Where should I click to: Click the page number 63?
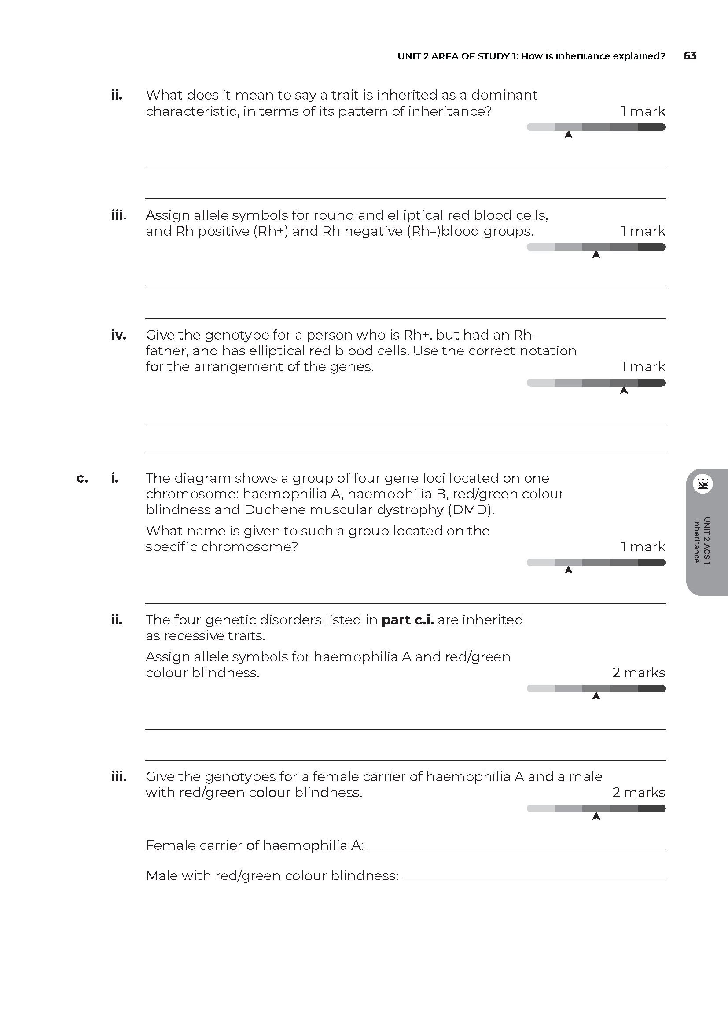coord(689,55)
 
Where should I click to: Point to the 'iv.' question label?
coord(118,335)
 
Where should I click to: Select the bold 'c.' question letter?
coord(82,478)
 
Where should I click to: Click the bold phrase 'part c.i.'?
coord(408,620)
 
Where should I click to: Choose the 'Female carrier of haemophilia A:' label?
coord(254,845)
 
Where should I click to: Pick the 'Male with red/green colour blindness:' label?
coord(272,876)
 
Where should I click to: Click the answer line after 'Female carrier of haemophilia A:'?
coord(515,848)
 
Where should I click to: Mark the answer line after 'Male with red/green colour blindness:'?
coord(533,879)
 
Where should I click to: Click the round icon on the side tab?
coord(702,484)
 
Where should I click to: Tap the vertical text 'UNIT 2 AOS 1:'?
coord(706,542)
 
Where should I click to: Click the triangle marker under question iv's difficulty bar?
coord(624,390)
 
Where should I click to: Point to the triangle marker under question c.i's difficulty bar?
coord(568,570)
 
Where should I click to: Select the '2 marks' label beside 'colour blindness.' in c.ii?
coord(638,673)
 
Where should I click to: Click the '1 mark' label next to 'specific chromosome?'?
coord(643,547)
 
